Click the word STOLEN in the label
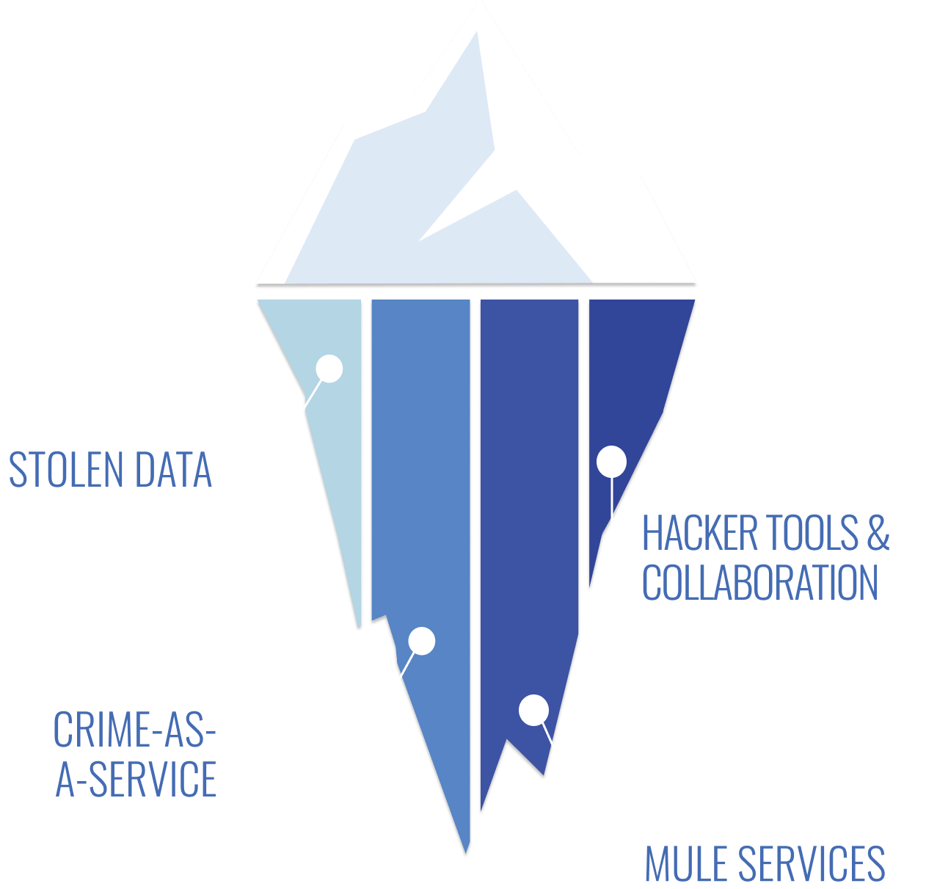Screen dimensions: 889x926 pos(65,470)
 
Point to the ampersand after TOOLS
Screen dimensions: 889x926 pos(878,533)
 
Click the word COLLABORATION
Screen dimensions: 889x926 pos(760,583)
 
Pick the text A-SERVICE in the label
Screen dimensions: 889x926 pos(136,780)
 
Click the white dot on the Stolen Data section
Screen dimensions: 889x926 pos(329,369)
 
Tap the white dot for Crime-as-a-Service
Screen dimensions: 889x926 pos(422,641)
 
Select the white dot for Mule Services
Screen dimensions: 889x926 pos(533,710)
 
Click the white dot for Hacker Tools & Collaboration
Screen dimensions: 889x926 pos(611,462)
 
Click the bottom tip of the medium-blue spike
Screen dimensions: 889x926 pos(466,852)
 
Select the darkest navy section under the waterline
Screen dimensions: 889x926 pos(631,367)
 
